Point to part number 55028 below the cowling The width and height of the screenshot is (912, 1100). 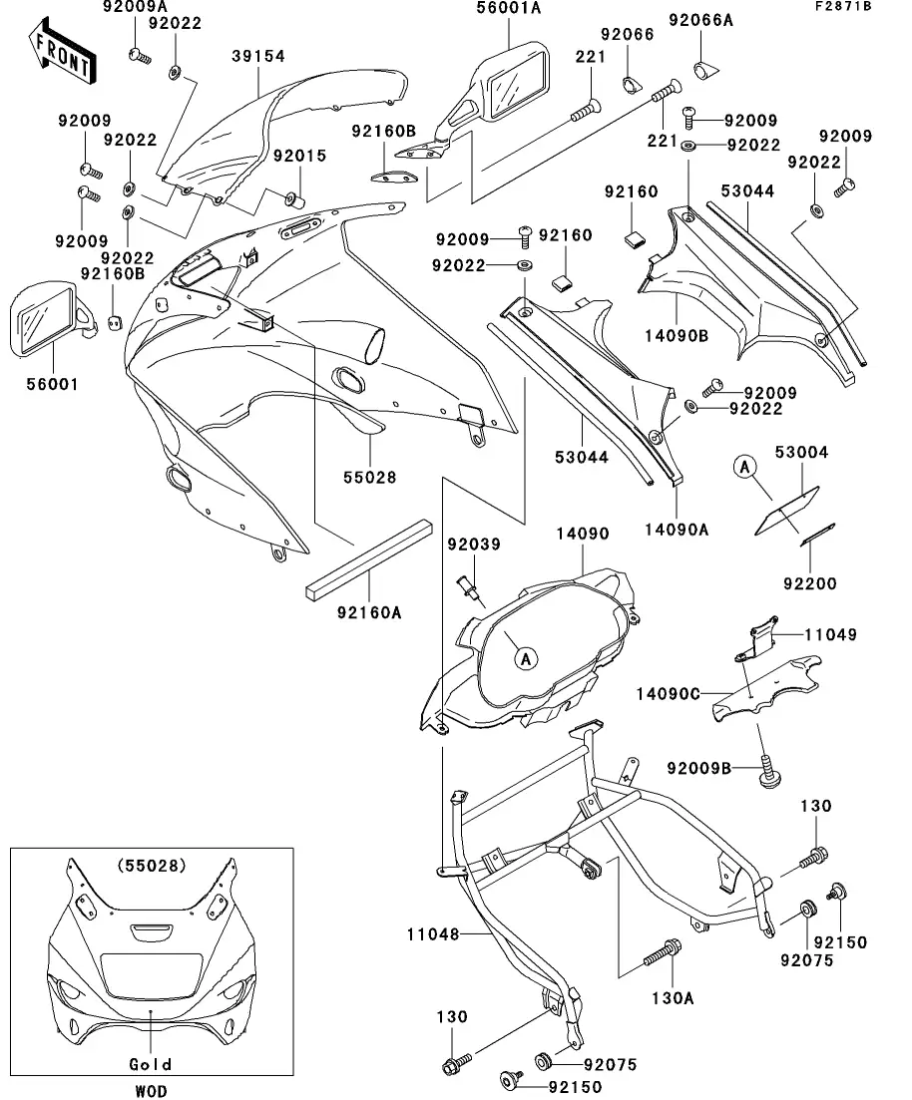369,478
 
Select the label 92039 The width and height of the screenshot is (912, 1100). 474,545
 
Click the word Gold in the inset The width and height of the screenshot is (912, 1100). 151,1064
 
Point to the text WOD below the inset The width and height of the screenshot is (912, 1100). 151,1092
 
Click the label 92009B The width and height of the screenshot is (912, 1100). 700,767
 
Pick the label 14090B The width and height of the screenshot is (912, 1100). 676,336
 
